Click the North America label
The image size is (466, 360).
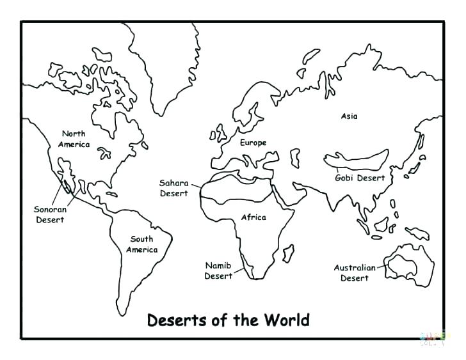click(73, 139)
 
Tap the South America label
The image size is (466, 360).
click(141, 244)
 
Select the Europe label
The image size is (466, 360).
click(253, 143)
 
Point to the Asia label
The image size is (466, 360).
click(349, 116)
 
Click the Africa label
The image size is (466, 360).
click(253, 217)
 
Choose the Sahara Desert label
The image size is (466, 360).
click(173, 188)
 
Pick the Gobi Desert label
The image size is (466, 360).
click(360, 178)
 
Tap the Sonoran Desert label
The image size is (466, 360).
click(49, 214)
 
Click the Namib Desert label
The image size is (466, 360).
click(218, 270)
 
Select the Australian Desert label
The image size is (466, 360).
click(354, 273)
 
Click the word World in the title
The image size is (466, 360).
click(285, 319)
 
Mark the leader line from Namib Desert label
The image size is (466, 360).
click(241, 273)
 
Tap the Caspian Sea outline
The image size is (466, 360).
click(295, 157)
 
